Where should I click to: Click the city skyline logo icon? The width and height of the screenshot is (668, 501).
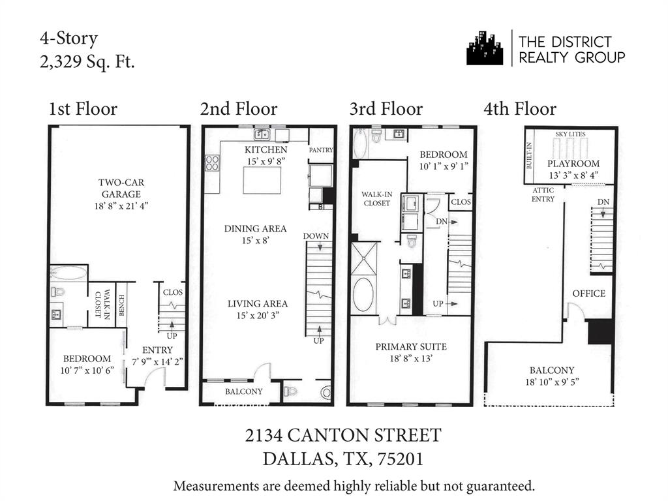[x=485, y=48]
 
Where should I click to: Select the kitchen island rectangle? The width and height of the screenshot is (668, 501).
[x=262, y=180]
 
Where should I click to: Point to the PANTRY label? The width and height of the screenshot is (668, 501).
[x=321, y=150]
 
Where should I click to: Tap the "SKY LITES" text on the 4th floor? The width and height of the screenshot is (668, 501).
[x=570, y=134]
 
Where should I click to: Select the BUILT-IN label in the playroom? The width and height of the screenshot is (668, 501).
[x=530, y=156]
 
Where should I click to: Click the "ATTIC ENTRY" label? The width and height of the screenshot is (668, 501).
[x=543, y=194]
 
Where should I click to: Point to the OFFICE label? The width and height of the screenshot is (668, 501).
[x=589, y=294]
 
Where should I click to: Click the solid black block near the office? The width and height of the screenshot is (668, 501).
[x=600, y=331]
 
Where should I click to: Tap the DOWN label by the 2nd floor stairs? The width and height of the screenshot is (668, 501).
[x=316, y=235]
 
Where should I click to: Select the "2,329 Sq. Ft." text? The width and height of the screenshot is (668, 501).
[x=87, y=63]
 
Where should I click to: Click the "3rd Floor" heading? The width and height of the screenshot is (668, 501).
[x=386, y=109]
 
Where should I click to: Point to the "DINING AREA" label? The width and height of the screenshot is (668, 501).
[x=255, y=228]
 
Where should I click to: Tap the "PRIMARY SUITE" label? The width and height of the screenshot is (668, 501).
[x=411, y=346]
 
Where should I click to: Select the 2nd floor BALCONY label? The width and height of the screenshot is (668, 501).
[x=243, y=391]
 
